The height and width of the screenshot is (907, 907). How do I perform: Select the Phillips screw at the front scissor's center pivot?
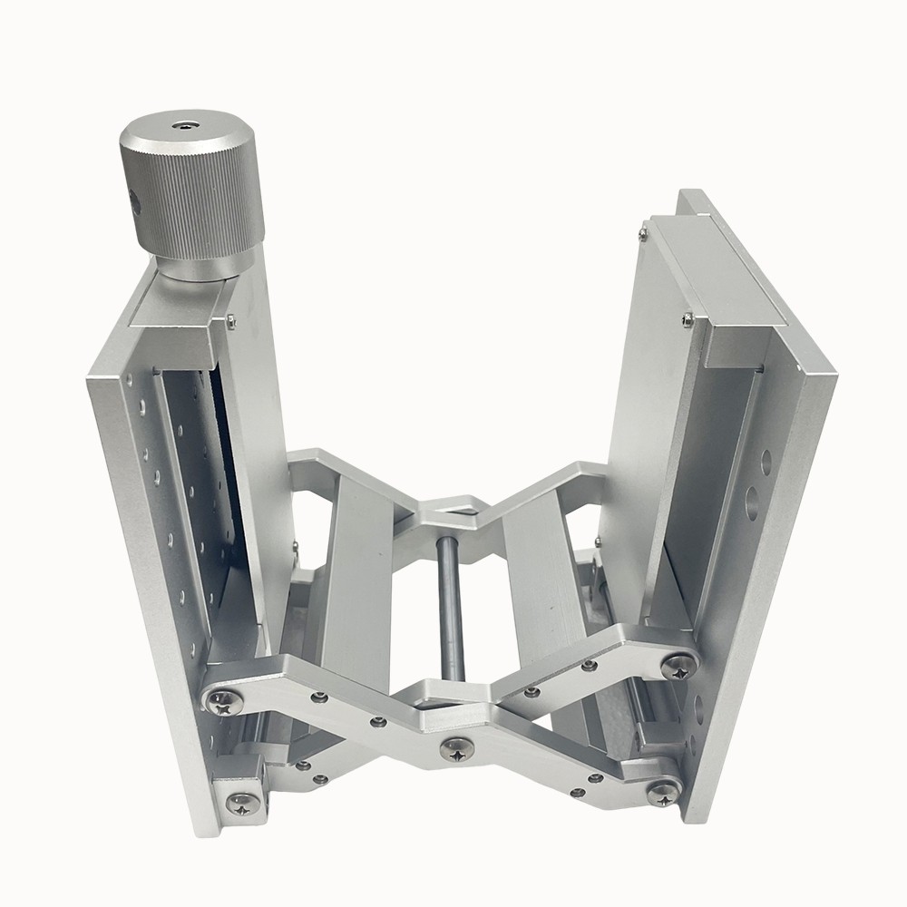coord(456,748)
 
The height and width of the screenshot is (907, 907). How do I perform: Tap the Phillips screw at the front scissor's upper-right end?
coord(678,667)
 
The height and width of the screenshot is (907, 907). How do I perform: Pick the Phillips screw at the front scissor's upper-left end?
coord(221,699)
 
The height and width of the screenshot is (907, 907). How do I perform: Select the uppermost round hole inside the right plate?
coord(766,463)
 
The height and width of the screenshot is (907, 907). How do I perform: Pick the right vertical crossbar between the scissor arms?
coord(540,571)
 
